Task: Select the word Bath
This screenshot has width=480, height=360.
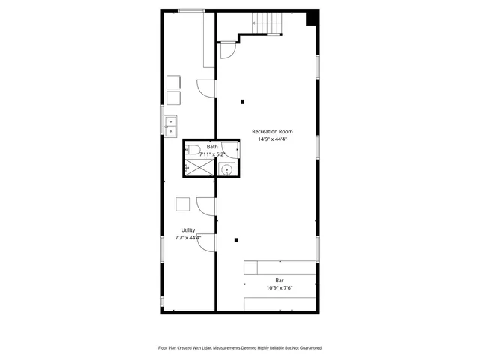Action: (x=213, y=147)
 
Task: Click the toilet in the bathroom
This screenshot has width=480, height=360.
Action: (x=193, y=149)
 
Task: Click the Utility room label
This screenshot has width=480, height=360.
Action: (x=188, y=230)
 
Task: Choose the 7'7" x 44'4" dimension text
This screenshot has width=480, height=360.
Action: (x=188, y=238)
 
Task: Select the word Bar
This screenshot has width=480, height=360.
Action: (x=280, y=280)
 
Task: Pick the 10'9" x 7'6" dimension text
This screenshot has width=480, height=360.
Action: (x=280, y=287)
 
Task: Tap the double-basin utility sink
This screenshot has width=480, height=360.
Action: (x=171, y=127)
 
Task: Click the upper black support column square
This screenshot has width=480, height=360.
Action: (x=242, y=101)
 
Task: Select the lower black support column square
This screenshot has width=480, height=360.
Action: (x=236, y=240)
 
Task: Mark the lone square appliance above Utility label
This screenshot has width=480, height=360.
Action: (x=182, y=204)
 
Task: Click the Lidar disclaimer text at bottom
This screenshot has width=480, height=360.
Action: (x=239, y=348)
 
